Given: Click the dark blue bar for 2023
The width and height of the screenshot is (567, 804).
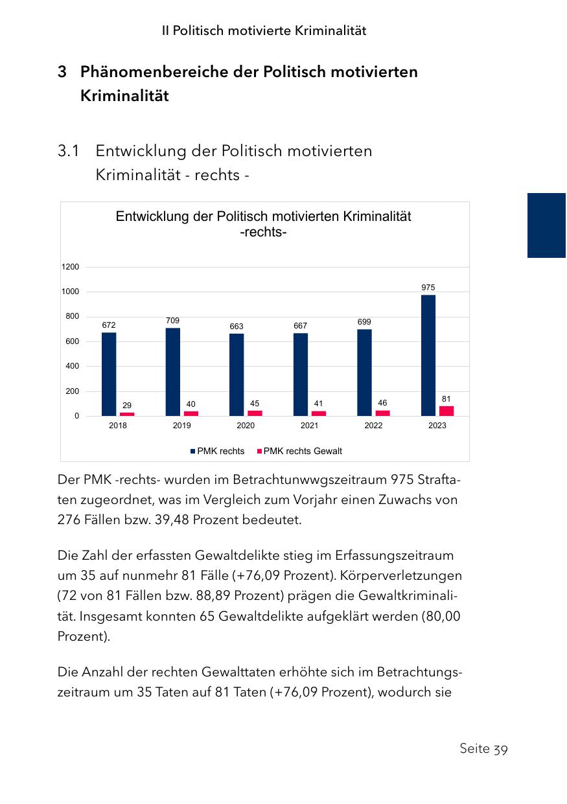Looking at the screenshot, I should coord(428,355).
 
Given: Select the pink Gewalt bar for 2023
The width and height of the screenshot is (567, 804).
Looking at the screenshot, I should coord(446,411).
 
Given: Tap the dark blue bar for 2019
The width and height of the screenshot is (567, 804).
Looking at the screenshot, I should coord(173,371).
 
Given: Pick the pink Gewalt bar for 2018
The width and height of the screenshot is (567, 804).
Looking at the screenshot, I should coord(127,413).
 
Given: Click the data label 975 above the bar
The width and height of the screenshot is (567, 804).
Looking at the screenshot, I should coord(428,287).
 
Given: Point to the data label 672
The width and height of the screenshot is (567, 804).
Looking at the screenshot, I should coord(109,325).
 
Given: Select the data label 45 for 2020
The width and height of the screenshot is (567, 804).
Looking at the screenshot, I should coord(255,404).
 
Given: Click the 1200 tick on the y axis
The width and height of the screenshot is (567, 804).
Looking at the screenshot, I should coord(71,267).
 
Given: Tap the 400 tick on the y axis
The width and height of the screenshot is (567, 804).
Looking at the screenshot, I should coord(71,366).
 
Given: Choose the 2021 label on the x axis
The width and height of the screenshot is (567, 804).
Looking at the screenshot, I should coord(310,426).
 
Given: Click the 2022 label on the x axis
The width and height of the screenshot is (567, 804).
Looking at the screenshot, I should coord(373,426).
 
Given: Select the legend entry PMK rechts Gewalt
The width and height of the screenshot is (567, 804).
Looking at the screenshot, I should coord(303,451).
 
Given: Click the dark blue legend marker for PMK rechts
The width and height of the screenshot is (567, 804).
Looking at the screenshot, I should coord(192,451).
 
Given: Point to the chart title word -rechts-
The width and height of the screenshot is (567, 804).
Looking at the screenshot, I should coord(263,232).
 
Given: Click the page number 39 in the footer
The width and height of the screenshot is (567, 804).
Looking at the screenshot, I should coord(500,749).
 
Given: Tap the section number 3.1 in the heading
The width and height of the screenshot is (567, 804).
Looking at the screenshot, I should coord(69,151).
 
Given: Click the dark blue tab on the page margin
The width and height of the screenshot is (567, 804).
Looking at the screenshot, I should coord(546,225).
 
